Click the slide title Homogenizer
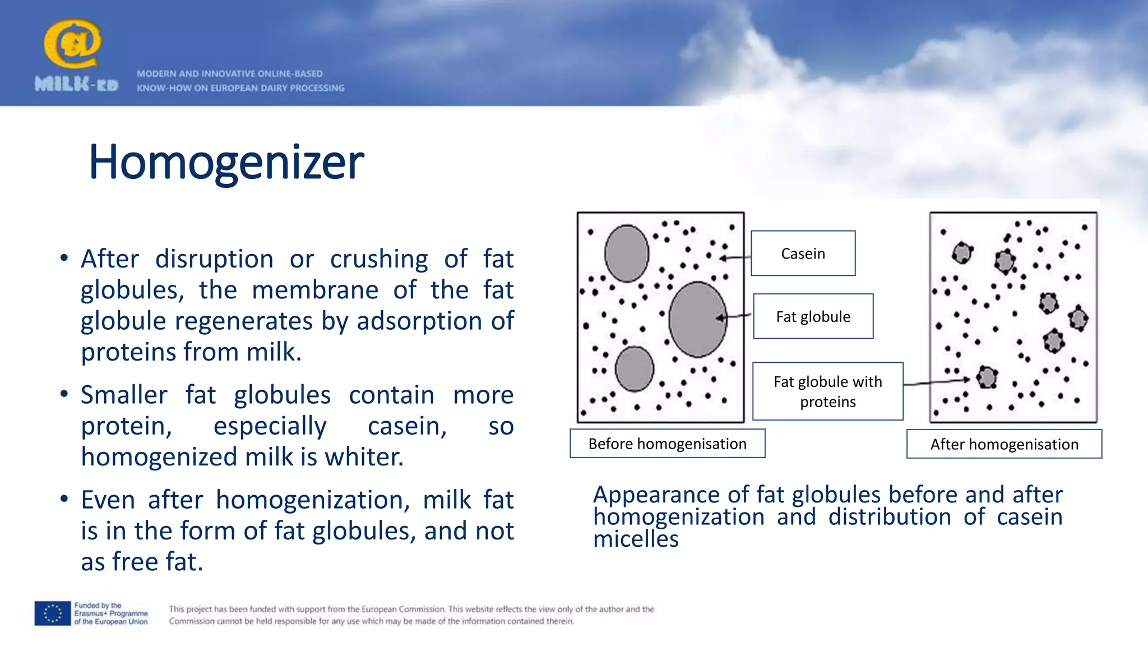226,163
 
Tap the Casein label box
803,253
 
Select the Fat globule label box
813,316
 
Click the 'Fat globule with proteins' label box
827,391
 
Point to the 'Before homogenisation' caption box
667,444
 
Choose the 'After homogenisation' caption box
1004,444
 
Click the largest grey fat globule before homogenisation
697,320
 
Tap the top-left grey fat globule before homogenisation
627,253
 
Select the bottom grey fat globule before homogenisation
634,369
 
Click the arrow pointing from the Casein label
734,258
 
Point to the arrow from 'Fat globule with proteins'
936,382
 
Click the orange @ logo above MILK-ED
72,43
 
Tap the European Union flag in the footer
53,613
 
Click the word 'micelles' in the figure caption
636,539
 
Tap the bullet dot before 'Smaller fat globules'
64,394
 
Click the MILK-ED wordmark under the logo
76,85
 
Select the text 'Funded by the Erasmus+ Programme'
111,610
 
